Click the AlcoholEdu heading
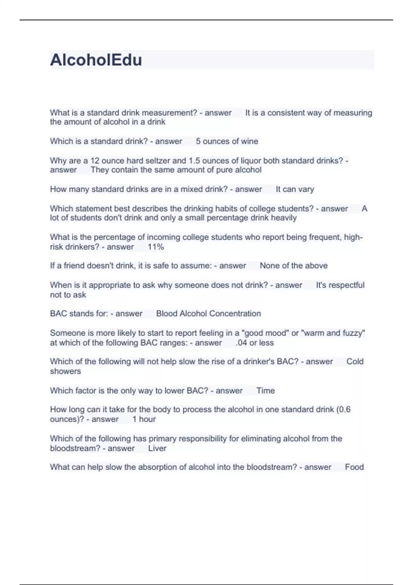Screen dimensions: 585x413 (96, 60)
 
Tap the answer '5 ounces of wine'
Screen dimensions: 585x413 (227, 141)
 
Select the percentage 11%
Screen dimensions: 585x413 (156, 247)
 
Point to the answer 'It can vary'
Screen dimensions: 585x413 (295, 189)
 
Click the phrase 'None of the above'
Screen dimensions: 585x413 (294, 266)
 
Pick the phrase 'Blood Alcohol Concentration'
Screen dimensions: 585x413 (209, 313)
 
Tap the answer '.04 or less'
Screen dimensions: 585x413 (255, 343)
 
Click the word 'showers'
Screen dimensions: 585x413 (65, 371)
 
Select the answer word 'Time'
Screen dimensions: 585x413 (266, 391)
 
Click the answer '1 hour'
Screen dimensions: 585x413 (144, 419)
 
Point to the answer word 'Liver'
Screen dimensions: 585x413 (157, 448)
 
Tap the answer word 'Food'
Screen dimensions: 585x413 (354, 467)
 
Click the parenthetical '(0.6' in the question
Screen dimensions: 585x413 (343, 409)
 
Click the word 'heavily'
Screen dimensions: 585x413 (284, 218)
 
